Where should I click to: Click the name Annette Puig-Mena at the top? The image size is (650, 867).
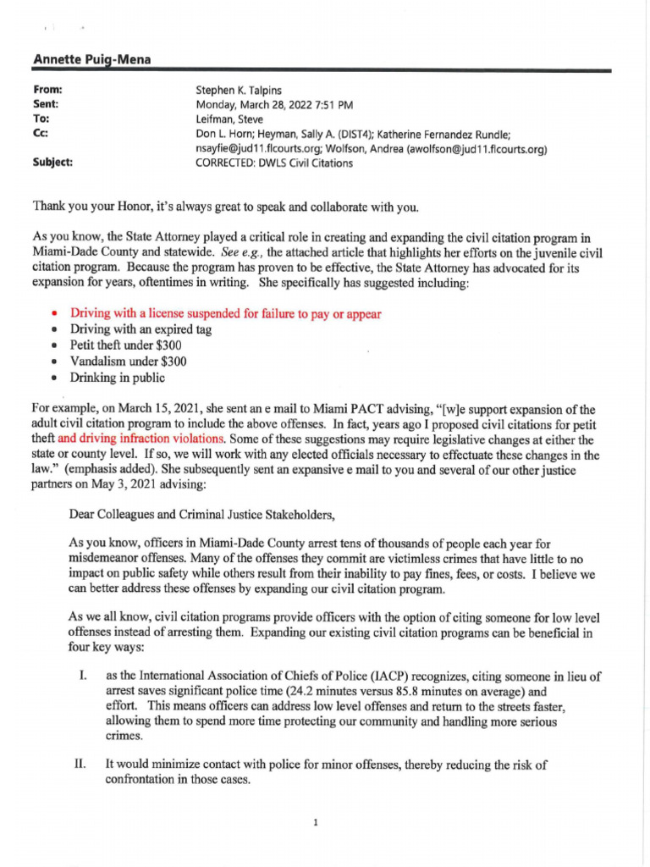point(86,59)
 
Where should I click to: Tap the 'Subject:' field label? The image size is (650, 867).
point(52,163)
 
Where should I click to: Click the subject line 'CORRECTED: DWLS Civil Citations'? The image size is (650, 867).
point(274,163)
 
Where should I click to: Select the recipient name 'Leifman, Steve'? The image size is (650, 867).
point(229,119)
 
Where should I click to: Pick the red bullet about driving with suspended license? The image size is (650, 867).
point(225,314)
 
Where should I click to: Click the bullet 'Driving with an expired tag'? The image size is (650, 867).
point(140,329)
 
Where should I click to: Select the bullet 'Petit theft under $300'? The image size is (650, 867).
point(127,345)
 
